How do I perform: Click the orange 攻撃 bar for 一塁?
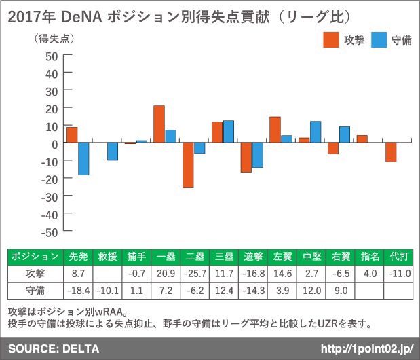coord(159,124)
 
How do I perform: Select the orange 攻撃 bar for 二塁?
coord(188,165)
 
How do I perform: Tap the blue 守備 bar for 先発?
coord(83,159)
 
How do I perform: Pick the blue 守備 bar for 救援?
coord(113,151)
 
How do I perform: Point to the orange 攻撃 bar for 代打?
coord(392,152)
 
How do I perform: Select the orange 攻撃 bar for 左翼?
coord(275,130)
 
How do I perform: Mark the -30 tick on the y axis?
coord(50,196)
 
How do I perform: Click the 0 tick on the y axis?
coord(55,143)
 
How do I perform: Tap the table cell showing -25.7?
coord(195,274)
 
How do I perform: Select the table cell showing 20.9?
coord(166,274)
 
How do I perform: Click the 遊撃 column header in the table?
coord(253,257)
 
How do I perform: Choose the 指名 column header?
coord(370,257)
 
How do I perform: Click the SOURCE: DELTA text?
coord(54,348)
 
